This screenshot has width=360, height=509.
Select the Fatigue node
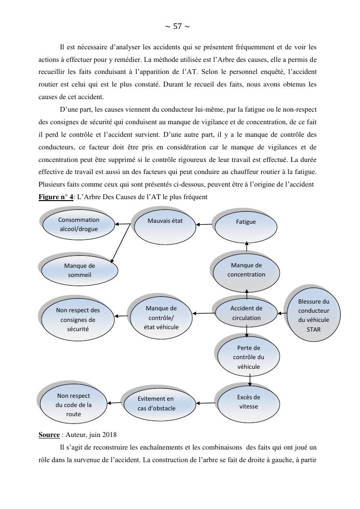pos(246,222)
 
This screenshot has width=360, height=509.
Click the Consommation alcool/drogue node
pos(79,225)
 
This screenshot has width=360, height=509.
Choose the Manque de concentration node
pos(247,270)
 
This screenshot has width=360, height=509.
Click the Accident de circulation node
pos(246,313)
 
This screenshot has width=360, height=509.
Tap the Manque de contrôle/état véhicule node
pos(161,318)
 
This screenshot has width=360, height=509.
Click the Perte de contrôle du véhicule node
pos(249,357)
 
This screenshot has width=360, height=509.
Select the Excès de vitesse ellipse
pos(249,402)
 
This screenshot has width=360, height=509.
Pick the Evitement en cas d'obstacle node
pos(156,404)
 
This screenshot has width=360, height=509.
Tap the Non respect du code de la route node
pos(73,405)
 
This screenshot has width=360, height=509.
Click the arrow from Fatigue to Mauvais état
pos(205,224)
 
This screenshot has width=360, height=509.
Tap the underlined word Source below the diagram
pos(49,435)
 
